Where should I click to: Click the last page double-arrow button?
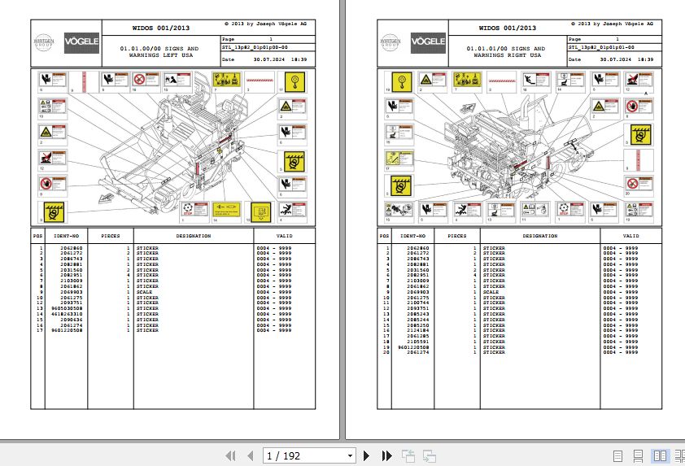(387, 456)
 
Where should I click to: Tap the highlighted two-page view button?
(660, 456)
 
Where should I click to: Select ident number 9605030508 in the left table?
(65, 309)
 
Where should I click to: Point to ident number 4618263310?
(65, 314)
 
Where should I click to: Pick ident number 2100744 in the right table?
(417, 303)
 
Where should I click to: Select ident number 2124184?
(417, 330)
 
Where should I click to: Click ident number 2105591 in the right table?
(417, 342)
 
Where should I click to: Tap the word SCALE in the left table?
(144, 292)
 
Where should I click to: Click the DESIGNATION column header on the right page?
(539, 237)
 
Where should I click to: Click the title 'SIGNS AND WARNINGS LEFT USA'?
(159, 52)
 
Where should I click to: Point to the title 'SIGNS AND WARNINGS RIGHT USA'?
(506, 52)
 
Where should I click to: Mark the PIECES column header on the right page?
(457, 237)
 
